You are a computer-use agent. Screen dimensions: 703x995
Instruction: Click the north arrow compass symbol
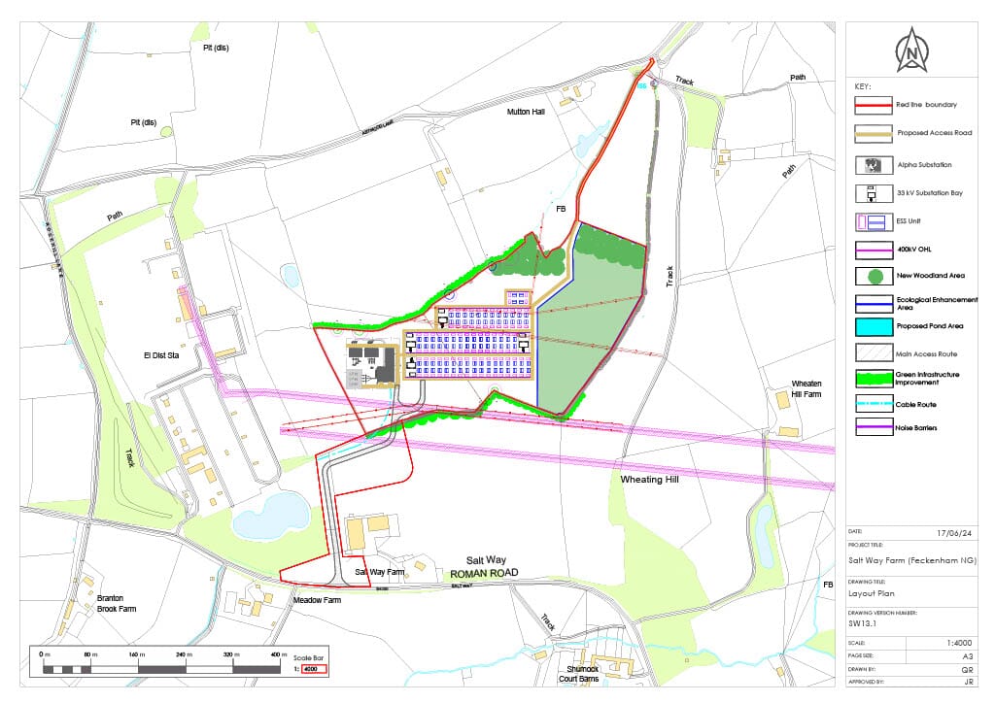click(910, 51)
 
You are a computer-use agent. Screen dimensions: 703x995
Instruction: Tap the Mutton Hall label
click(527, 113)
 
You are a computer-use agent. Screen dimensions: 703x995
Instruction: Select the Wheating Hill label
click(648, 480)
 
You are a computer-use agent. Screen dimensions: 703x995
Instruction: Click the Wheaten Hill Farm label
click(806, 388)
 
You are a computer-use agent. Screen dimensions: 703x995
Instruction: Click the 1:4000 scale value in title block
click(957, 643)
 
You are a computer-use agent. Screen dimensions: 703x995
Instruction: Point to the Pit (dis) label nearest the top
click(216, 48)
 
